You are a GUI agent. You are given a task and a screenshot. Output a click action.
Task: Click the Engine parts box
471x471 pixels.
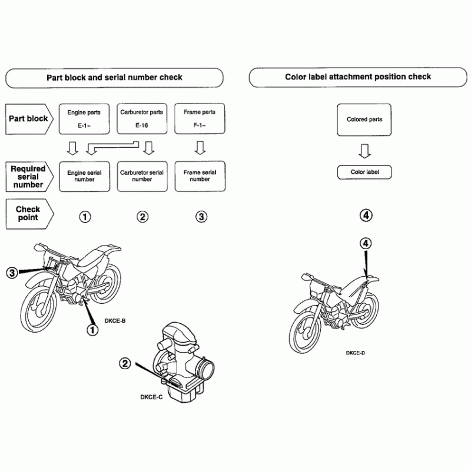point(84,118)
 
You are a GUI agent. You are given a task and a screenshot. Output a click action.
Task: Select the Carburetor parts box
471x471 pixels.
point(142,118)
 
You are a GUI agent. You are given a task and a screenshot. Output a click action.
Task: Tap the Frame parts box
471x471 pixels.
point(200,118)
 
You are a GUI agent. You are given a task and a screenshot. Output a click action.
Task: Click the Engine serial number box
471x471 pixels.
point(84,176)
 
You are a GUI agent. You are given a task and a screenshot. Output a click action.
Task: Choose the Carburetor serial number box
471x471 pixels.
point(142,176)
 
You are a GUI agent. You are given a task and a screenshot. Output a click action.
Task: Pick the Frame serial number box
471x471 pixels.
point(200,176)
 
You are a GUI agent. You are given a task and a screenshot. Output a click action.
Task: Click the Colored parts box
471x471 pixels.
point(364,120)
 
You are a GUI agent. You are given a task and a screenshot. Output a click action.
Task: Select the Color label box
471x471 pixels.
point(364,172)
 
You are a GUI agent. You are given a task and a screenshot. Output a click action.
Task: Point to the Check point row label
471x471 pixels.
point(28,213)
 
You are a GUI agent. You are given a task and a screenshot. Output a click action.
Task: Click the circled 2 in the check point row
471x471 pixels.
point(142,217)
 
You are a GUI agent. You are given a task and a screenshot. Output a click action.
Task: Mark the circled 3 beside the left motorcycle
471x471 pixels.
point(12,273)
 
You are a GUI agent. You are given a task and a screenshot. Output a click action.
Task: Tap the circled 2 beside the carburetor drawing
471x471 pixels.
point(125,363)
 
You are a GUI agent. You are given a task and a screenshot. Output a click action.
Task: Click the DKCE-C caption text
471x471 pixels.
point(151,397)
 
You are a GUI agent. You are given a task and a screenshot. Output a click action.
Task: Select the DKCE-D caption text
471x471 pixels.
point(356,353)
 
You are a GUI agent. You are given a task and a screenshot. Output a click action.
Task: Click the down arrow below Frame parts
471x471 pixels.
point(200,147)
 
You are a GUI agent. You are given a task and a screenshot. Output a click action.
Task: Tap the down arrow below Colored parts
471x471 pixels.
point(364,152)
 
